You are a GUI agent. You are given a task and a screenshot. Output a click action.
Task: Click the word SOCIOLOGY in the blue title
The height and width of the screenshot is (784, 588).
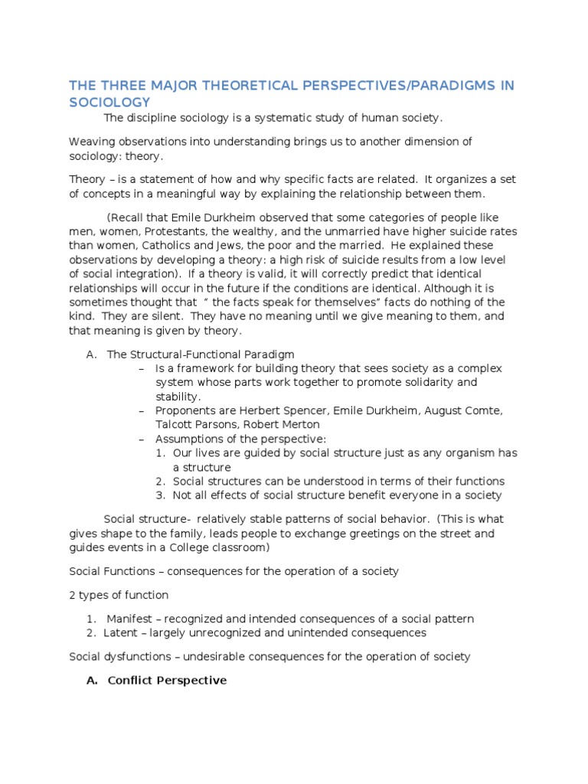point(109,102)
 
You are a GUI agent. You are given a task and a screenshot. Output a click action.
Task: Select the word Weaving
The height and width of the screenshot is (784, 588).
point(90,142)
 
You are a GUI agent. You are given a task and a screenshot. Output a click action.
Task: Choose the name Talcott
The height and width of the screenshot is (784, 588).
point(175,424)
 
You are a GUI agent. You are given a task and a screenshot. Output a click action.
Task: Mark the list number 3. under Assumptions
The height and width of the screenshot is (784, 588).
point(160,495)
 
